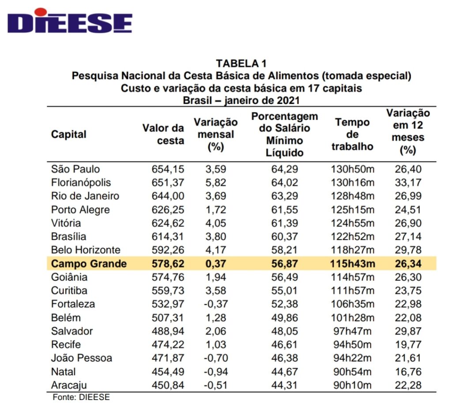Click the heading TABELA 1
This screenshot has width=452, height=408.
(x=241, y=64)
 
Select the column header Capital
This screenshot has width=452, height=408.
(x=69, y=134)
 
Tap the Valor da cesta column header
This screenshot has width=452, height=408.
(x=163, y=134)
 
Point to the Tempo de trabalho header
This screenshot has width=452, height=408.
(x=352, y=134)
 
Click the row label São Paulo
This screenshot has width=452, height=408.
(x=75, y=169)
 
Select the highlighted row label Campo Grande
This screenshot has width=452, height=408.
(x=89, y=264)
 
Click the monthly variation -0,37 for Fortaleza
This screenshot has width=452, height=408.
(x=215, y=304)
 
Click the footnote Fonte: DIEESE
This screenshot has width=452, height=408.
(x=81, y=397)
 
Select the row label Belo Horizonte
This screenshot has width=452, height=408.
(x=85, y=250)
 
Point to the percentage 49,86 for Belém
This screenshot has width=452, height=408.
(x=284, y=317)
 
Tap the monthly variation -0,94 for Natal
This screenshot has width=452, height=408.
(x=215, y=372)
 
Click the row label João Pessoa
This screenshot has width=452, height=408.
(x=81, y=358)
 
